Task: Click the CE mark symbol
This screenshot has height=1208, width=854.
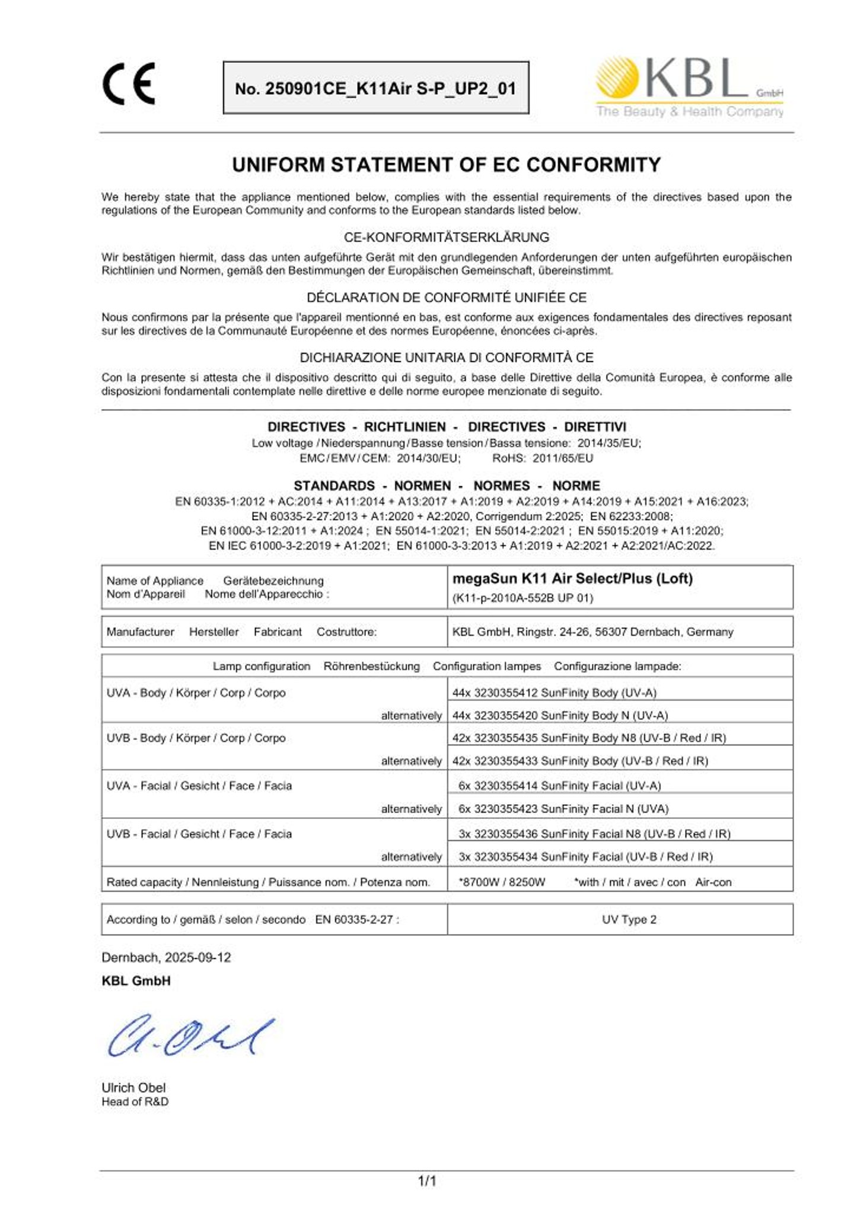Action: point(129,84)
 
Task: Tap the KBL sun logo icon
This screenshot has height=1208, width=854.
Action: point(617,77)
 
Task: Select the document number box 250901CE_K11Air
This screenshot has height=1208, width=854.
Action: point(375,88)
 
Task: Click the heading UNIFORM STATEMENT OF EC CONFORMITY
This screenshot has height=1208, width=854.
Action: point(446,164)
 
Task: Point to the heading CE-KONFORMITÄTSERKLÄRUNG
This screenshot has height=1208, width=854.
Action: point(446,237)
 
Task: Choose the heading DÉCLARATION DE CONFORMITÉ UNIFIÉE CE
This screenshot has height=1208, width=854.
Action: point(446,297)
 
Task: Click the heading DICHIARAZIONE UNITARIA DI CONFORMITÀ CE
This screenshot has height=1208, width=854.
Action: point(446,358)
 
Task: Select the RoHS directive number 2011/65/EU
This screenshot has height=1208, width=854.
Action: point(562,458)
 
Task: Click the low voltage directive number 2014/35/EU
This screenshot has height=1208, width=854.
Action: point(608,443)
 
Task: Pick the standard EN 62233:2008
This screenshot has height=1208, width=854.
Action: point(631,516)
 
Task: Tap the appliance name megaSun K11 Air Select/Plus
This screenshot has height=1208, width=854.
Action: point(572,578)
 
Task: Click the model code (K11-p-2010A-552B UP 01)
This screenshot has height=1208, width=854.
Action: point(522,598)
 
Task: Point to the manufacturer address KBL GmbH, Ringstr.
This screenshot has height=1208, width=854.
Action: point(592,632)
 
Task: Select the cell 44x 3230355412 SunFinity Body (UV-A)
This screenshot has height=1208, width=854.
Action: point(554,693)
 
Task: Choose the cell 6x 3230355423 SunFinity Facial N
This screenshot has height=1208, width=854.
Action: point(563,809)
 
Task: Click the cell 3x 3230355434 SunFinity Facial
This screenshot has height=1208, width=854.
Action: point(585,856)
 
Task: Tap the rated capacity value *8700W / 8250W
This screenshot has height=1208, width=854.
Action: point(502,882)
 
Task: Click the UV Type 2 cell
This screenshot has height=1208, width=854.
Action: point(629,919)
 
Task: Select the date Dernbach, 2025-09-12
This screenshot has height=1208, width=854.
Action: point(166,957)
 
